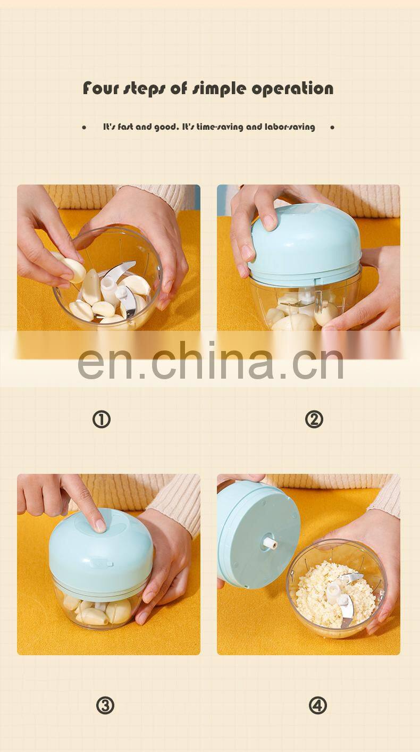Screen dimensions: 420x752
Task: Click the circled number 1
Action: (101, 420)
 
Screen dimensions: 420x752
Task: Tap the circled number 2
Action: (314, 420)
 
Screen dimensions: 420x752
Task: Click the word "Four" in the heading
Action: (100, 88)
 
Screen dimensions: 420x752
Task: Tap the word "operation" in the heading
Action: (292, 89)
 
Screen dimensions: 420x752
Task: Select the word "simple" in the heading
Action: (220, 89)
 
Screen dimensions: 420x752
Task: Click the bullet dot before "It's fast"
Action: (84, 127)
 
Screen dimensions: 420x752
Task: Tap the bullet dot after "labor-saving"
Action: (332, 127)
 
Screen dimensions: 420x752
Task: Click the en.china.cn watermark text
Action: (211, 361)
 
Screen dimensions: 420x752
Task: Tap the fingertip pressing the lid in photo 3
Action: (100, 525)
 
